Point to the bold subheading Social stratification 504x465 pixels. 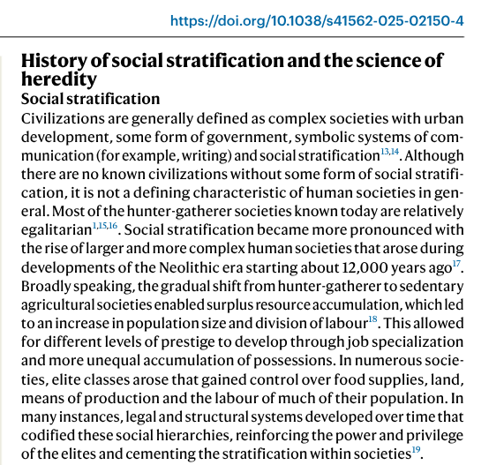[90, 99]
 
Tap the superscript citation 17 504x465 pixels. [456, 264]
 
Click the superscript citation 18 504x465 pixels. [373, 319]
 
